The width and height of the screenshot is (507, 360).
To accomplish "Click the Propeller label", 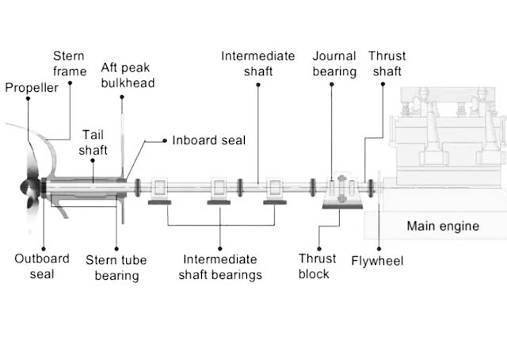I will coord(32,88).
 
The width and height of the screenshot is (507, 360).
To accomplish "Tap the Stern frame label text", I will coord(69,63).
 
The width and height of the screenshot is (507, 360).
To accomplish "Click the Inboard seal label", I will coord(209,140).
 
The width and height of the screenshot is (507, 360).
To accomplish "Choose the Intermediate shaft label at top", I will coord(257,63).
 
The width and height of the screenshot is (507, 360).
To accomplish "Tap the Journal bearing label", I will coord(334,63).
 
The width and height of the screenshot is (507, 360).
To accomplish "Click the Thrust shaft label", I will coord(387,63).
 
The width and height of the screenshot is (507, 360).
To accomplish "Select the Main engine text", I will coord(443,226).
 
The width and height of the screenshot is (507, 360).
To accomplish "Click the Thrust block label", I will coord(318,266).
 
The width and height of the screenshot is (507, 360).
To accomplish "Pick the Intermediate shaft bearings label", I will coord(220,267).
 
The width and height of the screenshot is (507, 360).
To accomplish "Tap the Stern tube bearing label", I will coord(116,267).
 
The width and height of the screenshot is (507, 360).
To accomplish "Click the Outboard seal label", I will coord(42,266).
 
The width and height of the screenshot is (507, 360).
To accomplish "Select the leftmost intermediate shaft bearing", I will coord(161,190).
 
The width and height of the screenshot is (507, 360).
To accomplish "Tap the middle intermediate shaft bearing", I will coord(219,190).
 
